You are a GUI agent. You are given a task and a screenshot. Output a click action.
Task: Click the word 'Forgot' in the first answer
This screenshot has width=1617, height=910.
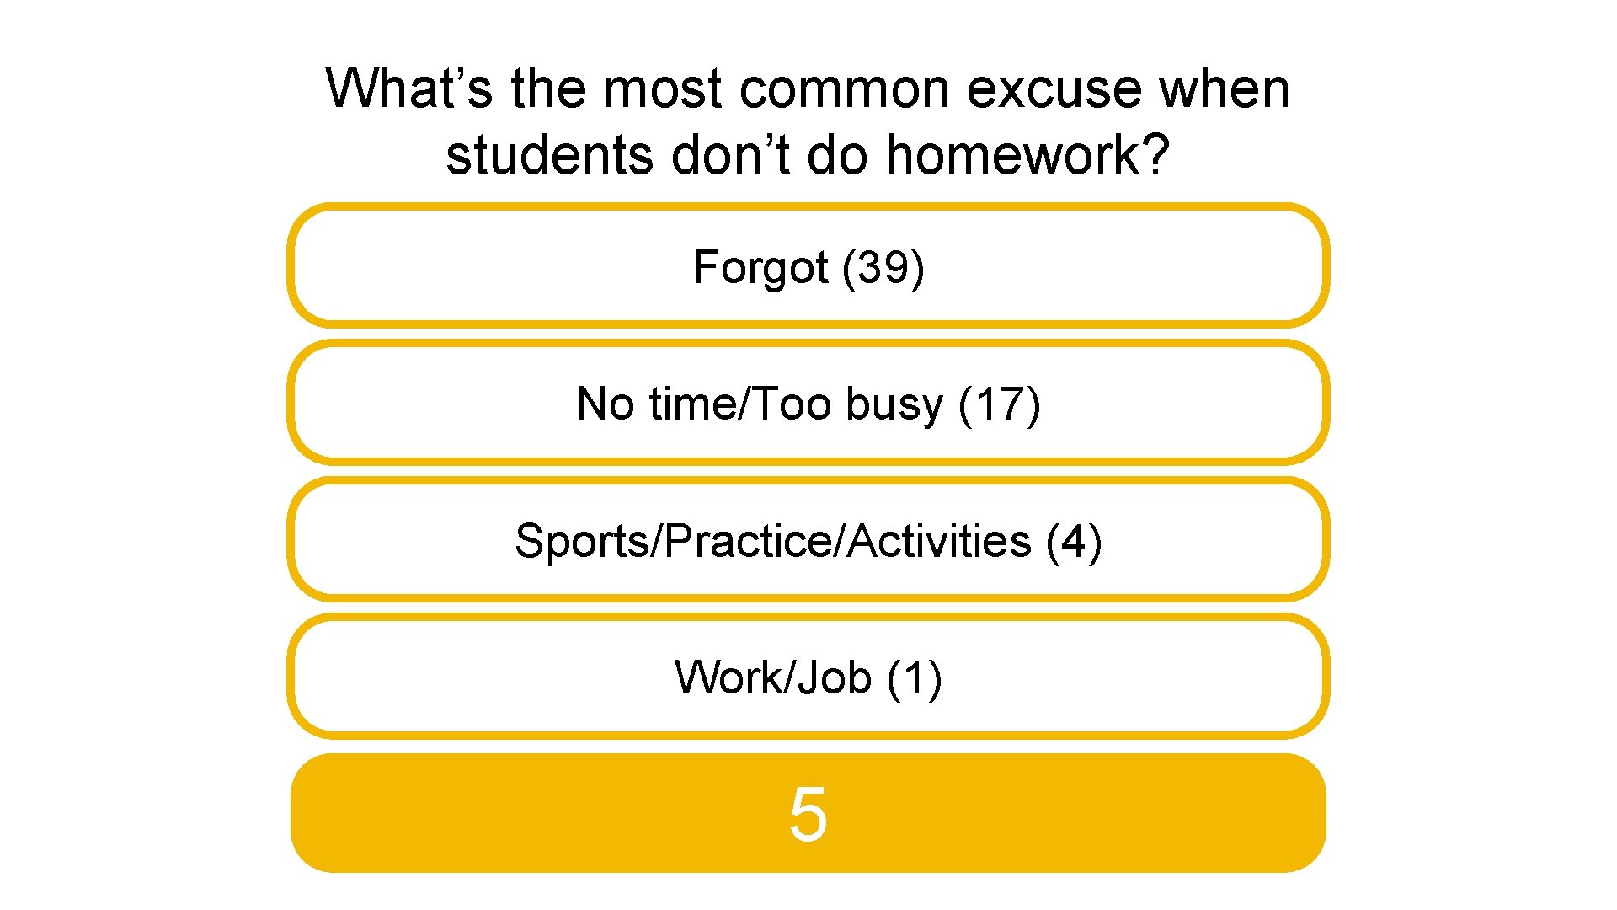click(x=760, y=268)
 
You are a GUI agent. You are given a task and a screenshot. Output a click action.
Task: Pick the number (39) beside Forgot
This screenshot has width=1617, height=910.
click(x=883, y=268)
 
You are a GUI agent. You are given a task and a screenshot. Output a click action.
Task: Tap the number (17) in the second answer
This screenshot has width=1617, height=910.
click(x=1000, y=404)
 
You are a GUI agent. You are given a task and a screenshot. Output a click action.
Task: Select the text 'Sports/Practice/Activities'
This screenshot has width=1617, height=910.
click(x=772, y=541)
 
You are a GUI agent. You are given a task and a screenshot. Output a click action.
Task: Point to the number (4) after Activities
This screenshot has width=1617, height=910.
click(x=1074, y=541)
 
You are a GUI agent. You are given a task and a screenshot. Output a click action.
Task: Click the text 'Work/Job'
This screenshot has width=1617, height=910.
click(x=772, y=677)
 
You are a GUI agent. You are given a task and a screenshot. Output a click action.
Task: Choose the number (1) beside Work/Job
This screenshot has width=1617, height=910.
click(x=915, y=677)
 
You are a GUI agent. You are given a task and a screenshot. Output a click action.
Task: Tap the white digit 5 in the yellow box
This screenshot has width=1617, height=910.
click(x=808, y=814)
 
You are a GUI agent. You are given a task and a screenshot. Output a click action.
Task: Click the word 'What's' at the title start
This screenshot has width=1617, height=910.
click(x=409, y=88)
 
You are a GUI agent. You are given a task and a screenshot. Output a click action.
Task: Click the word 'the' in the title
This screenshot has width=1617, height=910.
click(x=547, y=88)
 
